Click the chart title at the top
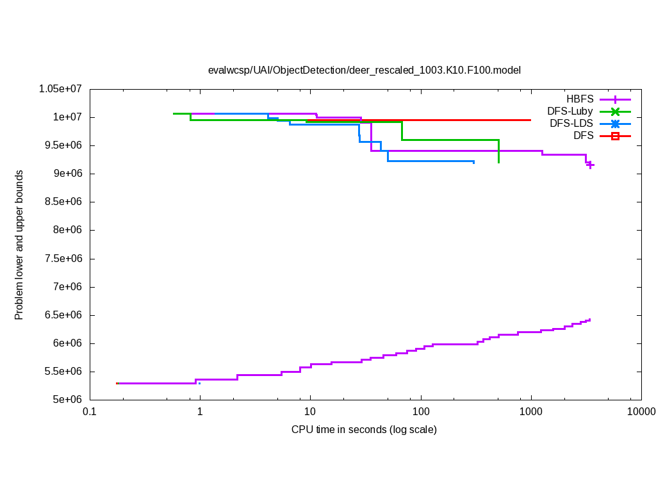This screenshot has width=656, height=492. [365, 70]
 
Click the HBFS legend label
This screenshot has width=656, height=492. [580, 99]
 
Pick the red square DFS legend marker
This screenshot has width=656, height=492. [615, 136]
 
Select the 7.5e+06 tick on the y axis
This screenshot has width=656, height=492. [65, 259]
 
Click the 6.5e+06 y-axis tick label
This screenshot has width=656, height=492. [65, 315]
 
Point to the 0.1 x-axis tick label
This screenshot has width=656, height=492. [90, 411]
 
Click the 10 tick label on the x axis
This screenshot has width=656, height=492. [311, 411]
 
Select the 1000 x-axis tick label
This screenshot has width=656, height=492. [531, 411]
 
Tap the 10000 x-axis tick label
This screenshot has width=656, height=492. [641, 411]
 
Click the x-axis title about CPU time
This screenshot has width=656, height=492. [364, 429]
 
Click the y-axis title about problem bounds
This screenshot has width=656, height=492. [19, 245]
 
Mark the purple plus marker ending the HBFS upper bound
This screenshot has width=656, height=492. [591, 165]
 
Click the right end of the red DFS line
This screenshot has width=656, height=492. [530, 120]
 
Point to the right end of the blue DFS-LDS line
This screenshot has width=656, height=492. [473, 162]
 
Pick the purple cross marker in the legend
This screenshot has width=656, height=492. [615, 99]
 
